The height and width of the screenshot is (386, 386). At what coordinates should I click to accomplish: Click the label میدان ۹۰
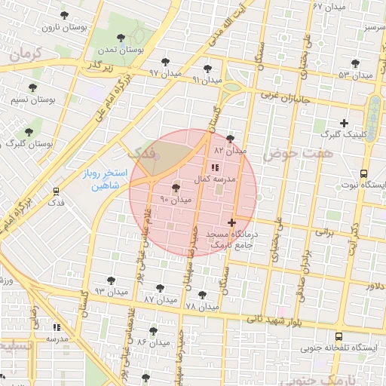coord(176,200)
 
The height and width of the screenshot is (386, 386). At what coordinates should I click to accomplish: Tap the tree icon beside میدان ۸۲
coord(230,139)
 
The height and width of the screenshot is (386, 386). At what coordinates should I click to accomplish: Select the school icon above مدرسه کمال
coord(215,167)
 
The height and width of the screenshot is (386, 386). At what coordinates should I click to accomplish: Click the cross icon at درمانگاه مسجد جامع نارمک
coord(231,222)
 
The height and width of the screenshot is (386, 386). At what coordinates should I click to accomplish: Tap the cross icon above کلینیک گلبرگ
coord(345,123)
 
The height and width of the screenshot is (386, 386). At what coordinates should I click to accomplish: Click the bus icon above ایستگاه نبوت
coord(364,173)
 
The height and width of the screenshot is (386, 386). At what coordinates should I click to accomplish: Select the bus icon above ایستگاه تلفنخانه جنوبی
coord(338,336)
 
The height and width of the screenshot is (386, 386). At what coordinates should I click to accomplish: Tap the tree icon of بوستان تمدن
coord(121,37)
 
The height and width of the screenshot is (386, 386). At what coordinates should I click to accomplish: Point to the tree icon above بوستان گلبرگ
coord(29,131)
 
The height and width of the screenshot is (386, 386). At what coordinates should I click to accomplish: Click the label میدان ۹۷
coord(165,74)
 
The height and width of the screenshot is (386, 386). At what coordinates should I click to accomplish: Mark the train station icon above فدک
coord(56,191)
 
